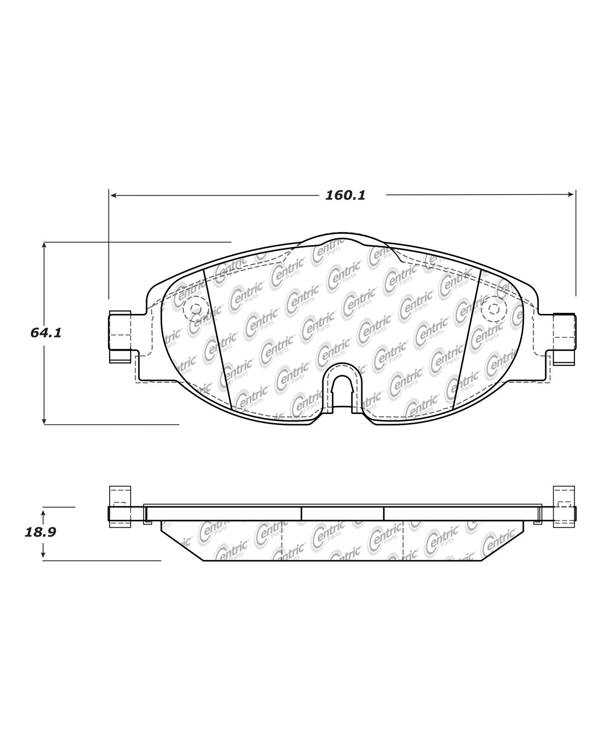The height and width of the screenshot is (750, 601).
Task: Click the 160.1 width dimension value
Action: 345,195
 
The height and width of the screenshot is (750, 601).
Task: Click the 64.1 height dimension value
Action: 46,333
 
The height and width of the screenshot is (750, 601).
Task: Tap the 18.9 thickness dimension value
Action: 40,532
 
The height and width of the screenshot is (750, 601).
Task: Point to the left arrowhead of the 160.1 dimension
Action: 113,195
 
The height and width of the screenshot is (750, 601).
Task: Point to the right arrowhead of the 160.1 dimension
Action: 571,194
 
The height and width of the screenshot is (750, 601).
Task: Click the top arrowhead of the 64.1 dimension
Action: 44,245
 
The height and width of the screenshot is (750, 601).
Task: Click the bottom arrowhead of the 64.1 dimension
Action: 44,421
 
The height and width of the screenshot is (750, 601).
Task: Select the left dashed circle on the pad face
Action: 196,308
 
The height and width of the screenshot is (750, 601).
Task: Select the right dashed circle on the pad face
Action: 494,308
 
